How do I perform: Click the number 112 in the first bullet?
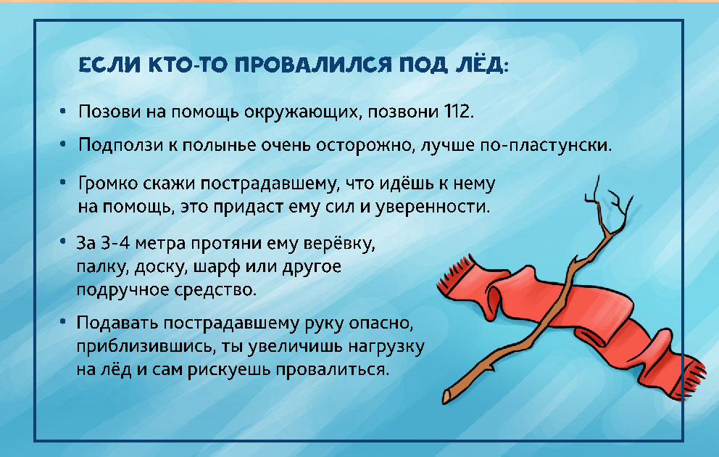457,112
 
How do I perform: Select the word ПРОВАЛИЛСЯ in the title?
313,65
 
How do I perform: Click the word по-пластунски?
546,146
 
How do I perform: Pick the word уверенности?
433,207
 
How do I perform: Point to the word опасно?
381,324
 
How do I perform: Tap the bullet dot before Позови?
63,111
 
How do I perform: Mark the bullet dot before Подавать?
63,322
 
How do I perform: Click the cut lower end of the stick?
446,397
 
